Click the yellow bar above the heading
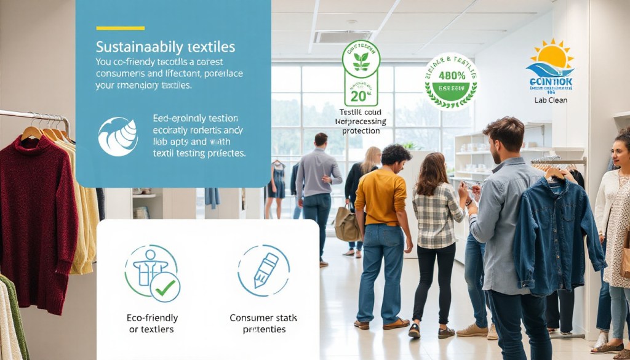[120, 28]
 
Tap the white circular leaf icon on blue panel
[118, 137]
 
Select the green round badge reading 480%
[451, 81]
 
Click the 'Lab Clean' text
[551, 100]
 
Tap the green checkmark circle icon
[165, 287]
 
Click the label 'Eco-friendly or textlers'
[152, 324]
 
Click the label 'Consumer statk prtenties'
[263, 324]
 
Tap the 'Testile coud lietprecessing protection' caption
[362, 122]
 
